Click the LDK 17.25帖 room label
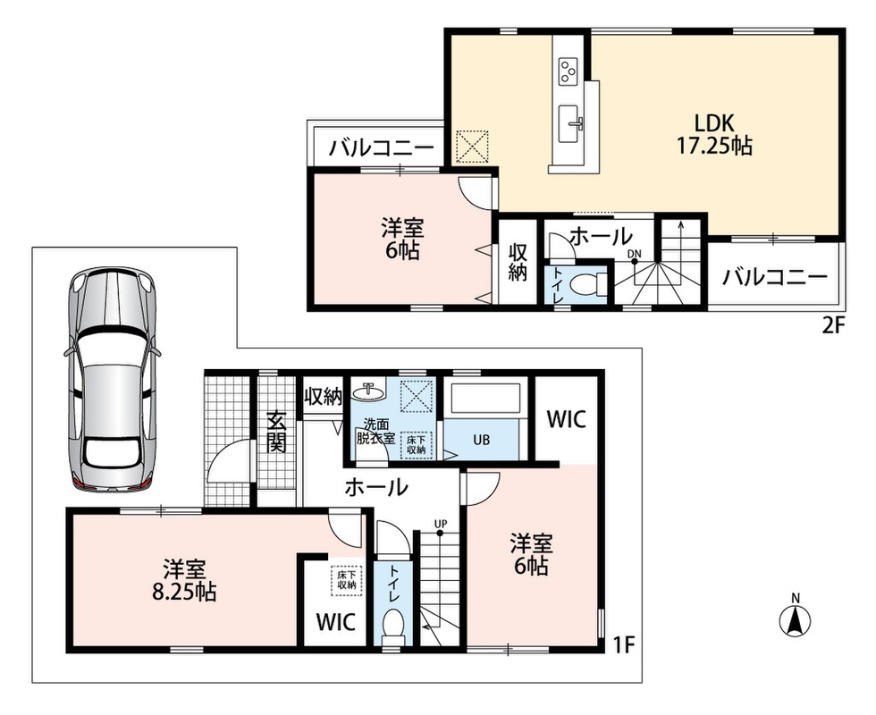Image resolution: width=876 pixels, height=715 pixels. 714,134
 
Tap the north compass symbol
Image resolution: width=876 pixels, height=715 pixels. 795,617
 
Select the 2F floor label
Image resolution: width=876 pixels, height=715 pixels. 831,325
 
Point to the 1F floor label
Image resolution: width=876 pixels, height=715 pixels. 625,645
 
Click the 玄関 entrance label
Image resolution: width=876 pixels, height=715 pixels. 276,431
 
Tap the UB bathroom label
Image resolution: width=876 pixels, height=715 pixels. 481,440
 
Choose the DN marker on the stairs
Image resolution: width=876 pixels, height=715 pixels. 634,254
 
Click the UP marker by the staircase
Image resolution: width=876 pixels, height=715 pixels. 441,524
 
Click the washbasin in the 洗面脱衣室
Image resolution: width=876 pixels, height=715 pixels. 368,392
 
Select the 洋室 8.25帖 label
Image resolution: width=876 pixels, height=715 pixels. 184,581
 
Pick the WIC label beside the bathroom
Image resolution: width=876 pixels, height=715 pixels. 566,418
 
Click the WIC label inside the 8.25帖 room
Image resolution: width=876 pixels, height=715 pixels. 335,622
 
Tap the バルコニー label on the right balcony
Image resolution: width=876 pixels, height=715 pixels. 774,277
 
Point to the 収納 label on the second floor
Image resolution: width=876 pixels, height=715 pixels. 518,262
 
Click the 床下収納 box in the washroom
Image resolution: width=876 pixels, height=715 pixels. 417,445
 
